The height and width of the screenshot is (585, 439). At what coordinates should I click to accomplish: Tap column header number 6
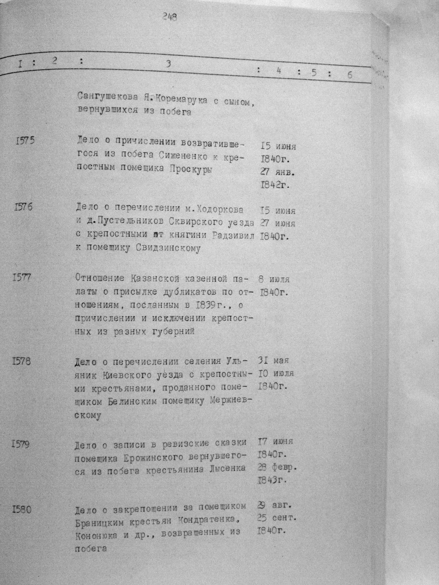pyautogui.click(x=350, y=75)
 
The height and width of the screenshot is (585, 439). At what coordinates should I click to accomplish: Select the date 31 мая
pyautogui.click(x=273, y=360)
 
